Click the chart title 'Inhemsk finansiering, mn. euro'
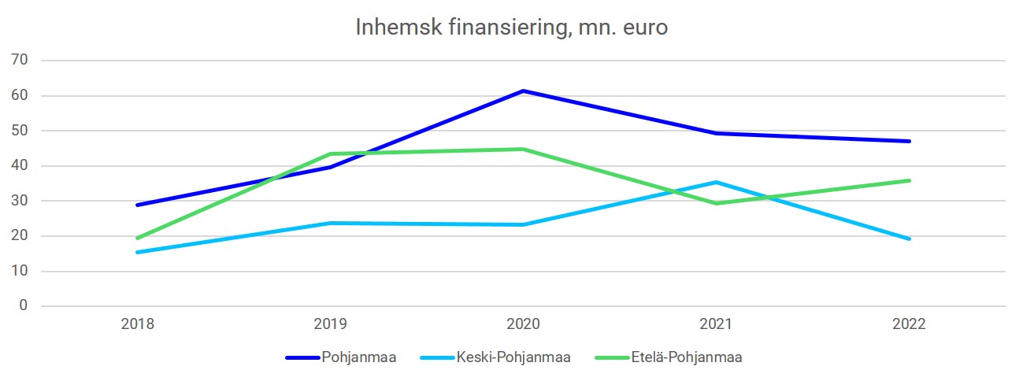click(x=511, y=28)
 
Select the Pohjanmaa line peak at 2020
click(x=523, y=91)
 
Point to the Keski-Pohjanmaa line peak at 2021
click(x=716, y=182)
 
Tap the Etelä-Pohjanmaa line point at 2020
click(x=523, y=149)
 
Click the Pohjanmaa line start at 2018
click(x=138, y=205)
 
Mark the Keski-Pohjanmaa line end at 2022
click(x=910, y=239)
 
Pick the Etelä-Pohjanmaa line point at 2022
click(x=910, y=180)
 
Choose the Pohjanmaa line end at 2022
click(x=910, y=141)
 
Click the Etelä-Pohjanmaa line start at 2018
click(x=138, y=238)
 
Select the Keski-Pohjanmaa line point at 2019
click(x=331, y=223)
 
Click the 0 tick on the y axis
click(x=24, y=306)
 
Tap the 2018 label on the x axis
click(x=138, y=324)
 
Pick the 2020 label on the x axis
click(x=523, y=324)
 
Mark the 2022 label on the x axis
click(x=910, y=324)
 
